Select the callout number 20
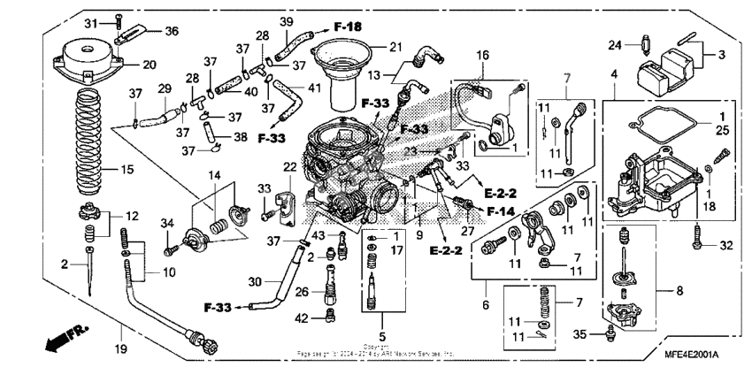(148, 65)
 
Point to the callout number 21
(395, 47)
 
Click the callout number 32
(725, 245)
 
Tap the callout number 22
(288, 167)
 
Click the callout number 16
(481, 55)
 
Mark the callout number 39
(287, 21)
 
